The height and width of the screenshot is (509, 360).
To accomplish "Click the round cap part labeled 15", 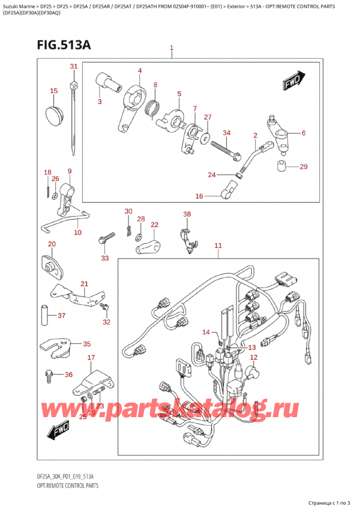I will coord(54,112).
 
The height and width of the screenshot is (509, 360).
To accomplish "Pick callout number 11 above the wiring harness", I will coord(218,245).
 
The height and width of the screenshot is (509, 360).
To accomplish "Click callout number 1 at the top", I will coord(172,47).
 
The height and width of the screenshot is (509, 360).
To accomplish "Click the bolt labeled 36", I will coord(49,376).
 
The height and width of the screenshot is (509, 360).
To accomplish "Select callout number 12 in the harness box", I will coord(253,358).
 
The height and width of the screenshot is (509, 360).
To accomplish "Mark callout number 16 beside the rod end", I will coord(199,196).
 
